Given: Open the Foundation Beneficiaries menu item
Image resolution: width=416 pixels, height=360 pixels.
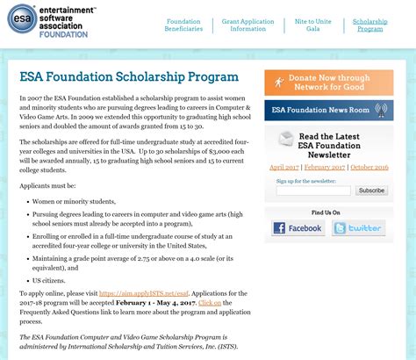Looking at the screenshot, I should (183, 25).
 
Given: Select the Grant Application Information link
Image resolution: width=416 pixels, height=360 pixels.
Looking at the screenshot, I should (249, 25).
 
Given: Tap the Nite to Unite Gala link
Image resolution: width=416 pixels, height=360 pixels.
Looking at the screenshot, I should (313, 25).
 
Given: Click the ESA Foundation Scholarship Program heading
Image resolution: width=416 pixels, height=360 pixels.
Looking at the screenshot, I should (128, 77).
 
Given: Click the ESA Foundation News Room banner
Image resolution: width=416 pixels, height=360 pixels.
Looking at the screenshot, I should (328, 111).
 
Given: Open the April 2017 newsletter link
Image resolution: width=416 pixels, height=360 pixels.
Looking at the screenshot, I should (283, 166).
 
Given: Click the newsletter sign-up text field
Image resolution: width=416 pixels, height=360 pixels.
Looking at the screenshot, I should (313, 191).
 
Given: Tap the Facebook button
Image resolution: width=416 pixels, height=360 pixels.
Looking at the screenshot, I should (298, 228).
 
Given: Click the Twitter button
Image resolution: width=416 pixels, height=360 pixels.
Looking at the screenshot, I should (357, 228).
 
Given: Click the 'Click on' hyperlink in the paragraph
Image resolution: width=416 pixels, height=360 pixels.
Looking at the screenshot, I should (210, 301).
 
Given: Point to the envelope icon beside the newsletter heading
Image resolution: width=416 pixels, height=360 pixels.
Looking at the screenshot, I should (285, 139).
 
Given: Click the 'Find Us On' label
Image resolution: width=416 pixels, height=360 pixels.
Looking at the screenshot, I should (326, 212).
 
